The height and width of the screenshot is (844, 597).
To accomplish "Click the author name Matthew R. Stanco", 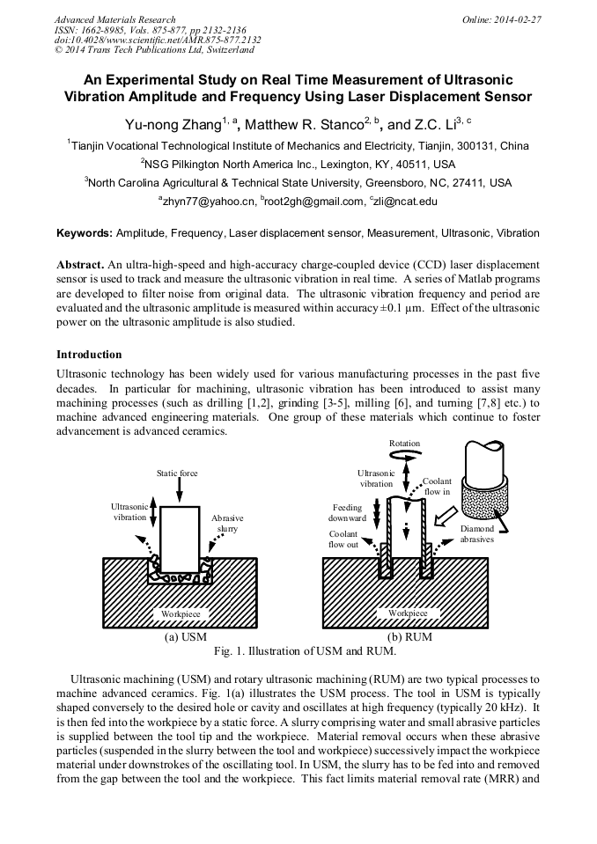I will (304, 126).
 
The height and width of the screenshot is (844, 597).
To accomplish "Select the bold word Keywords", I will (85, 233).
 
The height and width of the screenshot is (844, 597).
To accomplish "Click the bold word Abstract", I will (79, 264).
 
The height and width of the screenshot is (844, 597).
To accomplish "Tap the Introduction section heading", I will (89, 355).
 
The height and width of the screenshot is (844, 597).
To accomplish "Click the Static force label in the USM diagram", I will (177, 473).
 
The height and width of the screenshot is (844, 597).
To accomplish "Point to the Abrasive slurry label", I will (227, 524).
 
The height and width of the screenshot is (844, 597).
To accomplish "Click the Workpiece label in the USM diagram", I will (181, 613).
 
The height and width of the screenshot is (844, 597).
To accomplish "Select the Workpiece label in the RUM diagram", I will (408, 613).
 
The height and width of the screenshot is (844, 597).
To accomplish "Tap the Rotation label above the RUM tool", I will (404, 444).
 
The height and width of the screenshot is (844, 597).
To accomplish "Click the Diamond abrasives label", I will (476, 533).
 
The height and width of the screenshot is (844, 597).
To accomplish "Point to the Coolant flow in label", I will (438, 487).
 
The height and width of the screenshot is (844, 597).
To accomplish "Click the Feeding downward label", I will (347, 513).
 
